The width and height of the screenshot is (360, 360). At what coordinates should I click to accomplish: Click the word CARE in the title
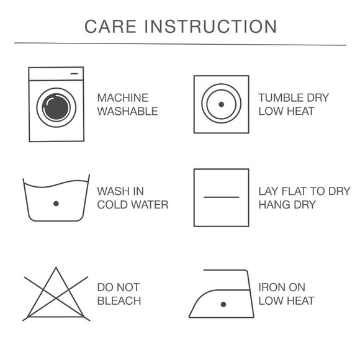pyautogui.click(x=110, y=27)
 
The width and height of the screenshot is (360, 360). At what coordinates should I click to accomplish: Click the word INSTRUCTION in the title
pyautogui.click(x=210, y=27)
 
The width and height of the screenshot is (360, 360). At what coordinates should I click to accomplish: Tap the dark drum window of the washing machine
pyautogui.click(x=56, y=107)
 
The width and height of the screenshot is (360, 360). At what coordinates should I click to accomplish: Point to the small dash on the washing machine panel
pyautogui.click(x=74, y=74)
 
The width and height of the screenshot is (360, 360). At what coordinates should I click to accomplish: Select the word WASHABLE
pyautogui.click(x=128, y=111)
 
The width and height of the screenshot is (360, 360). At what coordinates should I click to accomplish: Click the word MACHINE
pyautogui.click(x=123, y=98)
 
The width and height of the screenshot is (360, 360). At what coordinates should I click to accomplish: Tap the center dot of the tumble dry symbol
pyautogui.click(x=222, y=104)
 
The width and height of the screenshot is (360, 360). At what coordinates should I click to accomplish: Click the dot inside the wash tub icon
pyautogui.click(x=56, y=204)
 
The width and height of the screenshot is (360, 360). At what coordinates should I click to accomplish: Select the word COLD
pyautogui.click(x=113, y=205)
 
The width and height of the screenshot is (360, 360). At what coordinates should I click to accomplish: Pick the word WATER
pyautogui.click(x=151, y=205)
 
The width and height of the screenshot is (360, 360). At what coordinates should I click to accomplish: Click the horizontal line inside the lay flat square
pyautogui.click(x=222, y=197)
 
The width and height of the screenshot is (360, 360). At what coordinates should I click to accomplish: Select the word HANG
pyautogui.click(x=273, y=205)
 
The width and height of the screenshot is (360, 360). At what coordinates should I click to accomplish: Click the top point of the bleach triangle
pyautogui.click(x=56, y=268)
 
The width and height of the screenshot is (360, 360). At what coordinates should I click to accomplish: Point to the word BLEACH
pyautogui.click(x=119, y=301)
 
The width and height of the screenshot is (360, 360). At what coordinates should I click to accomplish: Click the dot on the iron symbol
pyautogui.click(x=223, y=305)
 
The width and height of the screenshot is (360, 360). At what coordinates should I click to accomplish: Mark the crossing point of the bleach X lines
pyautogui.click(x=56, y=298)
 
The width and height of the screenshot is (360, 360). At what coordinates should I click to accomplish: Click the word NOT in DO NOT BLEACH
pyautogui.click(x=128, y=287)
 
